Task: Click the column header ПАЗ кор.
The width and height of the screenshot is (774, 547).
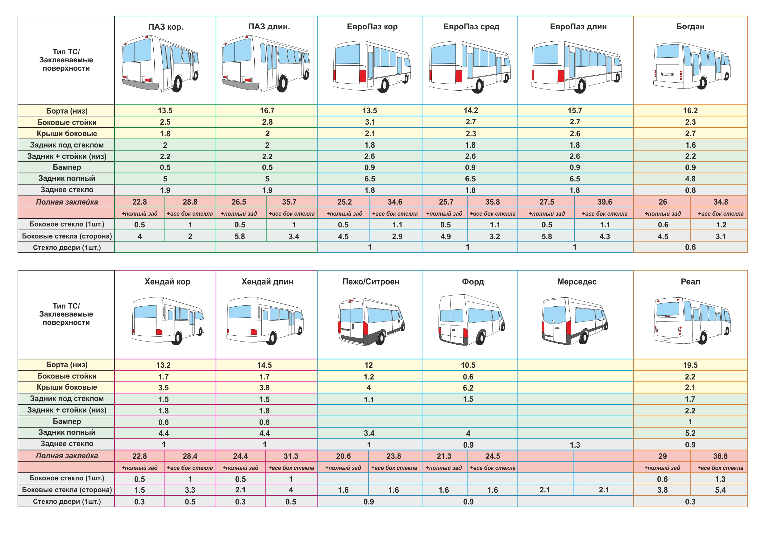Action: coord(166,27)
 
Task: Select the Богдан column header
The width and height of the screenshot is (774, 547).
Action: coord(690,27)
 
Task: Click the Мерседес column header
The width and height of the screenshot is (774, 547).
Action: coord(576,281)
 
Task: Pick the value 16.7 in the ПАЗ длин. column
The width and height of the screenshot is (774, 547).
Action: coord(267,110)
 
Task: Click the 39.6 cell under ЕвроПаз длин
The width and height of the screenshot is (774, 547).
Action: coord(605,202)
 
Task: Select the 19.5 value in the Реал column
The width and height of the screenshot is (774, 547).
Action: coord(690,365)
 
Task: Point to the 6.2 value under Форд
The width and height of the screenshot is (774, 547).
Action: coord(468,388)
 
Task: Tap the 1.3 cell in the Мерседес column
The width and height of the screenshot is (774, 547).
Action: coord(575,445)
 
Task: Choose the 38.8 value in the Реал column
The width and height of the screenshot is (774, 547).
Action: coord(720,456)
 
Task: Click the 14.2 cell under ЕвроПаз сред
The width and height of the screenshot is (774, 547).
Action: coord(471,110)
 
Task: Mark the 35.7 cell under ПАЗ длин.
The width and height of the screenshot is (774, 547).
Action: coord(289,202)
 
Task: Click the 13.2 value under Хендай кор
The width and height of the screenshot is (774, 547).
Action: coord(164,365)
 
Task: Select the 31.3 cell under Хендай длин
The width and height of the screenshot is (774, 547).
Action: coord(291,456)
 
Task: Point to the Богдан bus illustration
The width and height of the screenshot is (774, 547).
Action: coord(691,66)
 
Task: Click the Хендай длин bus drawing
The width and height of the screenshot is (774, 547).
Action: coord(265,320)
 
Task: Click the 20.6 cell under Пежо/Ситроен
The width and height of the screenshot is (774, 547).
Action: coord(343,456)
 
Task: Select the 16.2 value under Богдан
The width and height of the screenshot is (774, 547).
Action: coord(690,110)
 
